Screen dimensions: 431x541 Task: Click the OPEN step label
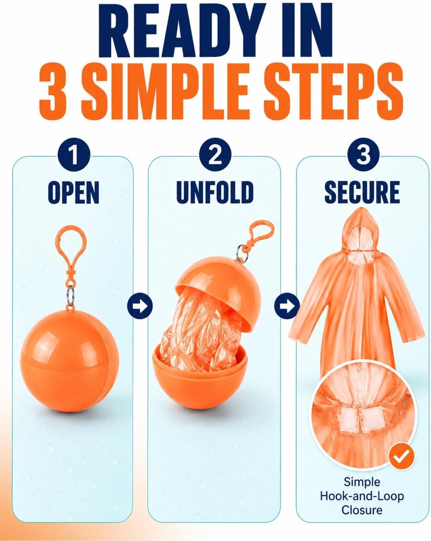74,193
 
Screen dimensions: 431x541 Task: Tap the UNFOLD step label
215,193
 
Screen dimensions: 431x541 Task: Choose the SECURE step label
362,193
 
